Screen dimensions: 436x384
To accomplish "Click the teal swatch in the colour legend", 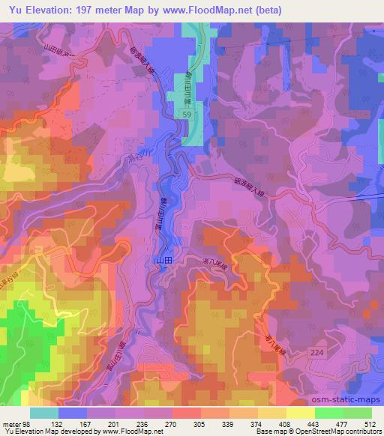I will (43, 412).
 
